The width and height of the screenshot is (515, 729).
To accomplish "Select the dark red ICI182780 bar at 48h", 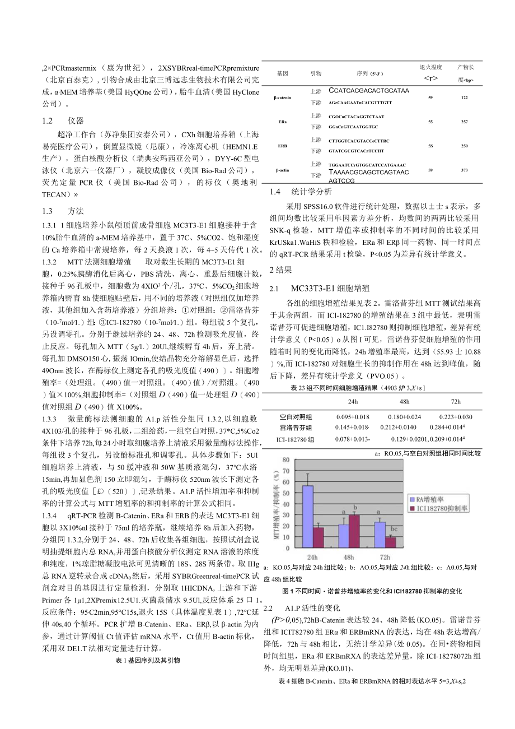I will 353,532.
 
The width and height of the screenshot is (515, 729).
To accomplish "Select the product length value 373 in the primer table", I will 464,170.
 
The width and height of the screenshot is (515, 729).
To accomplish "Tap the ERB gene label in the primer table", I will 282,146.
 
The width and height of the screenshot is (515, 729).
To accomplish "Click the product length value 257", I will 464,121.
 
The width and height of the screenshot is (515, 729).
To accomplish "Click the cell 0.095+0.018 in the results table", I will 353,417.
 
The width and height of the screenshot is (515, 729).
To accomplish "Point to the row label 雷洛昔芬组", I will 296,428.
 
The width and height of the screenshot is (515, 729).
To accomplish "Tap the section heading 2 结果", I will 280,270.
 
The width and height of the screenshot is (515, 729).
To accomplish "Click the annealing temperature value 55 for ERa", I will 430,121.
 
